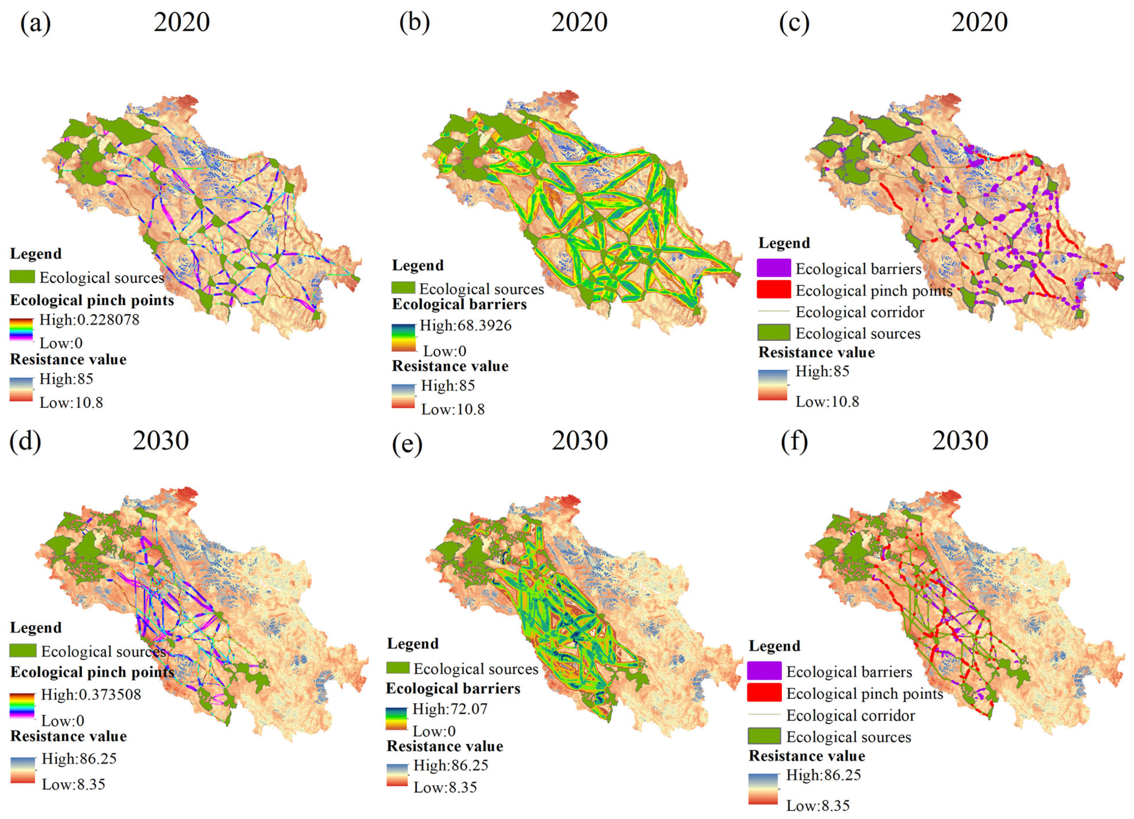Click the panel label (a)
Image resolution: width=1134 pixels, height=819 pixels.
[35, 23]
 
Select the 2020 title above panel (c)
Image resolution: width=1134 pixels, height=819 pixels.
[979, 23]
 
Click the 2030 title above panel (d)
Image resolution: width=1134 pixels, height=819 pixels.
[160, 441]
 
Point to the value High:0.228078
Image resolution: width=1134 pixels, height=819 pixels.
[89, 320]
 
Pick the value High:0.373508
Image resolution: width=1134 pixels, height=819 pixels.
[91, 694]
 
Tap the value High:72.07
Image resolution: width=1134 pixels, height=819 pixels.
[450, 709]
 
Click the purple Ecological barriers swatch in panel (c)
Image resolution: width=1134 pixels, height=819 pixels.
[773, 268]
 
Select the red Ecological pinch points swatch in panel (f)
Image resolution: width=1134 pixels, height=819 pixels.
[764, 693]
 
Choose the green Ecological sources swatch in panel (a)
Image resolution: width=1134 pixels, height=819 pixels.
[22, 277]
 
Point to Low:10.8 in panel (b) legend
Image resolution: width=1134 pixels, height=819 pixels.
[452, 409]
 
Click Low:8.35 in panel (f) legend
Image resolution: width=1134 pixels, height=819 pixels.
[817, 805]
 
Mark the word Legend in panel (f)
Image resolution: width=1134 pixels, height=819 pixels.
[774, 646]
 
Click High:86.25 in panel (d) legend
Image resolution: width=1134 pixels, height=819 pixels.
[79, 759]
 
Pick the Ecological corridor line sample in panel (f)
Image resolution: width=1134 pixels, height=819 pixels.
[764, 715]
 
